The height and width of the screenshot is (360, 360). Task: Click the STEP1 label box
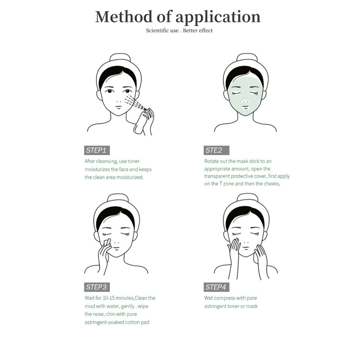[x=97, y=150]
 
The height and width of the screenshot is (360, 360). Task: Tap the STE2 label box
[x=216, y=150]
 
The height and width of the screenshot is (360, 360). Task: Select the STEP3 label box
[x=97, y=287]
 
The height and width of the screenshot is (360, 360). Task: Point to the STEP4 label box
[x=216, y=287]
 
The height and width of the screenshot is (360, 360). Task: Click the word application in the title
[x=218, y=17]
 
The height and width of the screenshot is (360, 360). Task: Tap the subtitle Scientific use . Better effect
[x=179, y=31]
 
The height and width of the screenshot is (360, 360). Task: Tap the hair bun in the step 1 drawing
[x=120, y=57]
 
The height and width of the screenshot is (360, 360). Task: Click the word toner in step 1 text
[x=134, y=161]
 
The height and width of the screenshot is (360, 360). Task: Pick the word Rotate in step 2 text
[x=212, y=161]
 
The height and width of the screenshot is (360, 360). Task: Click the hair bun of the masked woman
[x=247, y=57]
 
